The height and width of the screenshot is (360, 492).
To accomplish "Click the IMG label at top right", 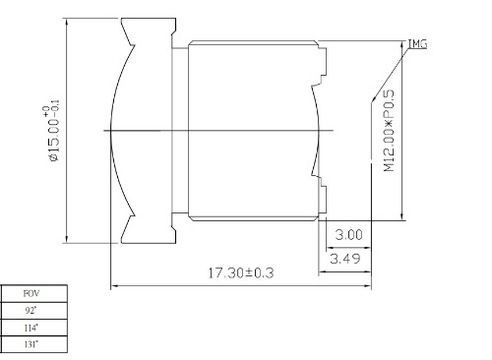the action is pos(417,44).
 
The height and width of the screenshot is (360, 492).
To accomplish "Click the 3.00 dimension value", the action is pos(348,235).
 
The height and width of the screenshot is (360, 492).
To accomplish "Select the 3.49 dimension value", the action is pos(345,259).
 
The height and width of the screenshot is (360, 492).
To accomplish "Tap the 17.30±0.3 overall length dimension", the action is pos(241,272).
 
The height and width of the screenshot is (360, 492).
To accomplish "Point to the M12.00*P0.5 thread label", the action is pos(389,131).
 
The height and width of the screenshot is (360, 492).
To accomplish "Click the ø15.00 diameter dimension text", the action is pos(54,141).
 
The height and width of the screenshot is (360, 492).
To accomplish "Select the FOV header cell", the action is pos(31,293).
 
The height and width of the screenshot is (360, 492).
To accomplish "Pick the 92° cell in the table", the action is pos(31,310).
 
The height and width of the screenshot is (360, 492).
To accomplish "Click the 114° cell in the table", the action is pos(31,328).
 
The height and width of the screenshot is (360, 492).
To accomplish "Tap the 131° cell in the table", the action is pos(31,344).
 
